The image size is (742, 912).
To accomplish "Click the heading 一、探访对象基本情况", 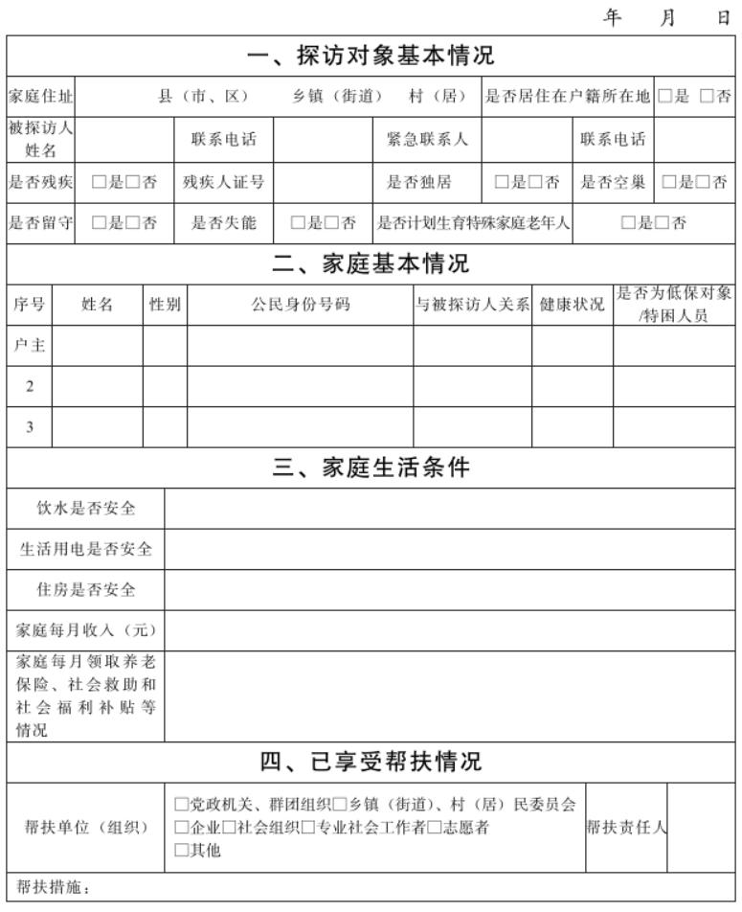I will click(x=371, y=56).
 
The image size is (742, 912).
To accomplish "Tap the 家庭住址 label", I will click(x=40, y=97).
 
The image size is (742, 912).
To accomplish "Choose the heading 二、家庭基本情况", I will click(x=371, y=262).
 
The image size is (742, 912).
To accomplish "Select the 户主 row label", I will click(x=30, y=346).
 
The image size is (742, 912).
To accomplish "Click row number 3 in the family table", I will click(x=30, y=427).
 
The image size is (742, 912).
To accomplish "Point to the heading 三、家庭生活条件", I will click(x=371, y=467).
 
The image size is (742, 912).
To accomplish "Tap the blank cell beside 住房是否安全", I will click(x=450, y=589).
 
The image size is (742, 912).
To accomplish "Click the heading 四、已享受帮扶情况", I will click(x=371, y=763).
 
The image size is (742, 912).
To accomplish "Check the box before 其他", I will click(x=181, y=851).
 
